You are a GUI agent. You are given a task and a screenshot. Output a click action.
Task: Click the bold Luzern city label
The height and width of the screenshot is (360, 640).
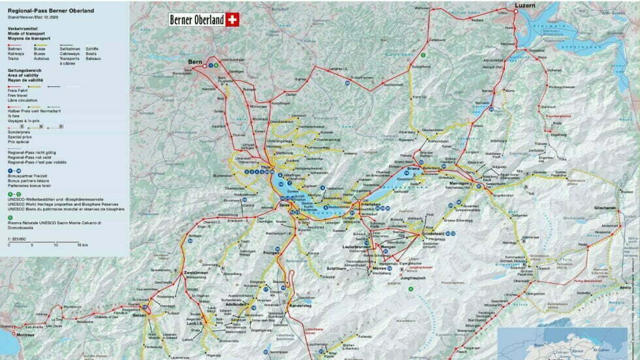click(x=524, y=6)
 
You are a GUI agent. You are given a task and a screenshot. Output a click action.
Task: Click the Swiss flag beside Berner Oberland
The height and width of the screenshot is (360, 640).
click(x=233, y=20)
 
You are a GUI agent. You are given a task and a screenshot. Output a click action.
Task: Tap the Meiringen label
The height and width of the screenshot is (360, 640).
click(x=461, y=184)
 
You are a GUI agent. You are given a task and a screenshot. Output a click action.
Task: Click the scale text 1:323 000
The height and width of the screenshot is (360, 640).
click(x=17, y=239)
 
